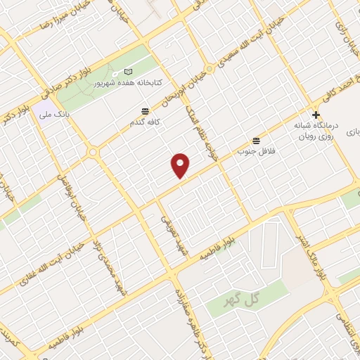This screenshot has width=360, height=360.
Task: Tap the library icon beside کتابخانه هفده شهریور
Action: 128,72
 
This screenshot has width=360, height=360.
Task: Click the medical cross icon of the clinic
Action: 316,115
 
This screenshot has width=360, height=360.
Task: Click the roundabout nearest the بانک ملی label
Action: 92,153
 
